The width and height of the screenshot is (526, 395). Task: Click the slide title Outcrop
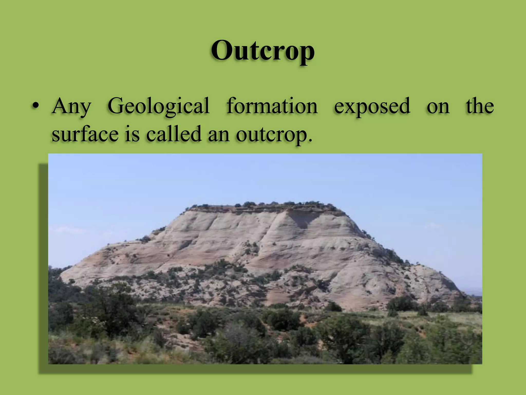(x=263, y=51)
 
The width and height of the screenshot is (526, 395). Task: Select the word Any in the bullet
(x=71, y=106)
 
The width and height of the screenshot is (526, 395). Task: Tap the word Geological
(x=158, y=106)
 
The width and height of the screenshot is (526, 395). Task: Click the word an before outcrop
(x=219, y=135)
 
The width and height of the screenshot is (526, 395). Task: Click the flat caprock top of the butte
(x=265, y=208)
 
